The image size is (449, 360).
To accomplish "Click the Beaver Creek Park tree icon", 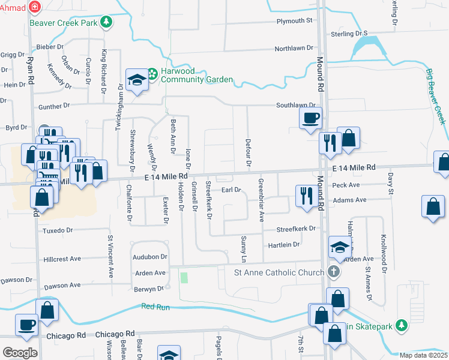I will click(x=106, y=22).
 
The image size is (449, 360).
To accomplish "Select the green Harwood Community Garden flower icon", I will click(x=152, y=74).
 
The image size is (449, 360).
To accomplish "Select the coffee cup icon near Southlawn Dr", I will click(x=310, y=117).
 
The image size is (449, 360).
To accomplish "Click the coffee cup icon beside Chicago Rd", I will click(x=26, y=324).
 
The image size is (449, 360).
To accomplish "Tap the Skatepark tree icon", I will click(x=402, y=326).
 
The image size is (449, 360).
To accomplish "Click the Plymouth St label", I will click(x=295, y=21).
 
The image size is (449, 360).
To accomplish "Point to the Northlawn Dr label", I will click(x=294, y=48).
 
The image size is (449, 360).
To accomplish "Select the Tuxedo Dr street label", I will click(x=57, y=230).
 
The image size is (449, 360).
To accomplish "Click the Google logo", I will click(x=20, y=353).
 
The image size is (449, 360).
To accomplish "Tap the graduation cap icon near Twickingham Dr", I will click(x=137, y=79).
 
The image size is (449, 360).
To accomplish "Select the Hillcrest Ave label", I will click(x=62, y=259).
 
